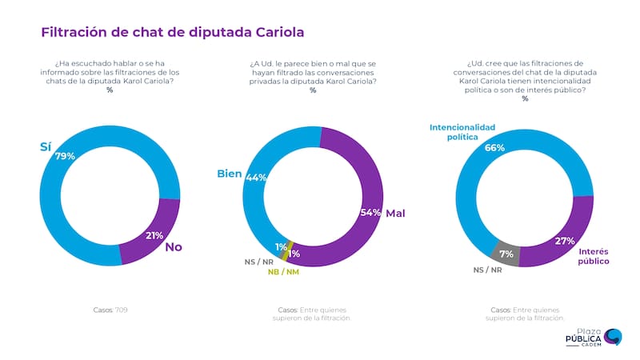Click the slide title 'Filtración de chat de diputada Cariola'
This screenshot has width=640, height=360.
pyautogui.click(x=172, y=33)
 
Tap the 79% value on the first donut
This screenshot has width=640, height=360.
pyautogui.click(x=65, y=156)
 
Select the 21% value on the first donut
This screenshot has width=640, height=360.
pyautogui.click(x=154, y=235)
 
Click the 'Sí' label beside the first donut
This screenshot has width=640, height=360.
pyautogui.click(x=46, y=147)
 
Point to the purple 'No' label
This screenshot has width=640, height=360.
pyautogui.click(x=173, y=247)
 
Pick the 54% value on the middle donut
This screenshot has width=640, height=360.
pyautogui.click(x=370, y=212)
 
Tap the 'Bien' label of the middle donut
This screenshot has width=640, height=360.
pyautogui.click(x=230, y=173)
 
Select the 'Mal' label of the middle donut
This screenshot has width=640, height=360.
pyautogui.click(x=395, y=214)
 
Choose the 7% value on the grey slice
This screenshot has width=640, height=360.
pyautogui.click(x=506, y=254)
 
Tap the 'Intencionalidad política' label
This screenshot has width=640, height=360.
pyautogui.click(x=463, y=132)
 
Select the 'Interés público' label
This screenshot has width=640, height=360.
pyautogui.click(x=593, y=256)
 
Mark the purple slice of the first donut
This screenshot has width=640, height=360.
pyautogui.click(x=152, y=233)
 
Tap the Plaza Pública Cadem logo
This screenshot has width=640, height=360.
pyautogui.click(x=593, y=337)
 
